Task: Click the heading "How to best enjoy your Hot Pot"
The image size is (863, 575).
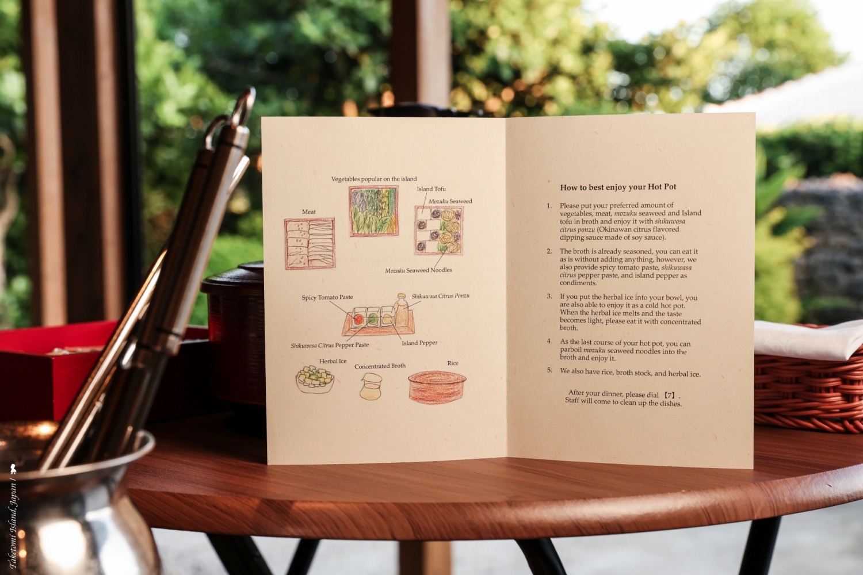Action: [x=618, y=187]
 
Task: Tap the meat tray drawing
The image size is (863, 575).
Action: [x=310, y=243]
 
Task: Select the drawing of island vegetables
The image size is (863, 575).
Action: [x=373, y=210]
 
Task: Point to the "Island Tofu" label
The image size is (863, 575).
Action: [x=431, y=189]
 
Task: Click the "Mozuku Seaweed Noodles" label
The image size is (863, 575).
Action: [x=418, y=270]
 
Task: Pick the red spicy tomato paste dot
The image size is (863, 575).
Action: [x=358, y=319]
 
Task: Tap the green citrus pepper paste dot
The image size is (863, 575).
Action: [x=373, y=319]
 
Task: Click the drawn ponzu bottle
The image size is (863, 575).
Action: [x=401, y=310]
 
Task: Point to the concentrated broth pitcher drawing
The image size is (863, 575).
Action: [x=371, y=386]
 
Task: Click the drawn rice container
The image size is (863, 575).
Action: [x=437, y=387]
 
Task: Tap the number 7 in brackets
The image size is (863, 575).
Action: [x=670, y=395]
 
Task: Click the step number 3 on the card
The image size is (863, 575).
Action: [x=549, y=296]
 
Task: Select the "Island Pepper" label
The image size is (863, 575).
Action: [x=419, y=343]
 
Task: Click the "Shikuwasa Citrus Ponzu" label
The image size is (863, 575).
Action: [x=440, y=296]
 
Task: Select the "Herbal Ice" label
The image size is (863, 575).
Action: [x=333, y=361]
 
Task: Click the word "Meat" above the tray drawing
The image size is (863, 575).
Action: [x=308, y=212]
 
